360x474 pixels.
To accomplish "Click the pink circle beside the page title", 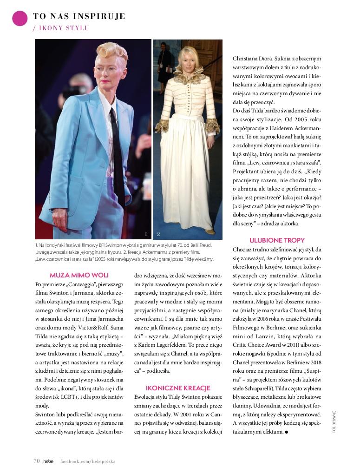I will point(20,18).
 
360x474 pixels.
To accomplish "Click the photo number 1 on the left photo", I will point(146,234).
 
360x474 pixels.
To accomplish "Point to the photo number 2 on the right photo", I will point(158,234).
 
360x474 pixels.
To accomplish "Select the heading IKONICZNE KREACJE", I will point(178,388).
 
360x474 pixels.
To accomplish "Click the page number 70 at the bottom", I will point(36,461).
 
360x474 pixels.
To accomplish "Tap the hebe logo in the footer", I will point(49,461).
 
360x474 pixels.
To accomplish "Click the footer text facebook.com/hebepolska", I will point(88,461).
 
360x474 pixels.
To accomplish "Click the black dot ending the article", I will point(286,432).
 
